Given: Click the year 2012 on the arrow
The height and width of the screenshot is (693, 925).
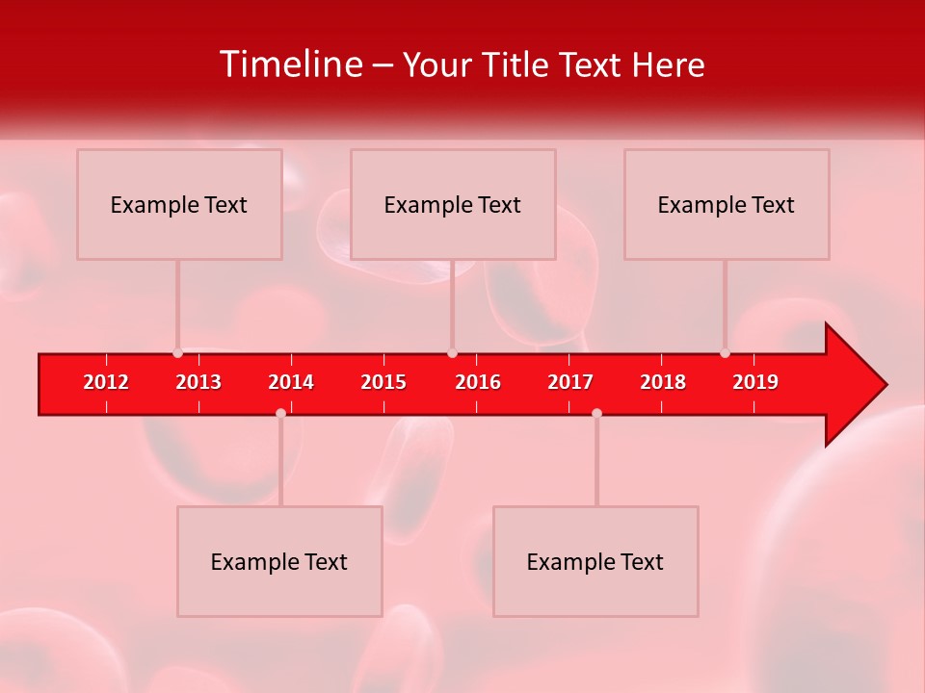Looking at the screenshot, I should (106, 382).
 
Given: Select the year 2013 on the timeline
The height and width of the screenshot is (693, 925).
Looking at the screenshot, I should (198, 382).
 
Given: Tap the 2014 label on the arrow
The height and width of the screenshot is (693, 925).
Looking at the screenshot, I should (291, 382).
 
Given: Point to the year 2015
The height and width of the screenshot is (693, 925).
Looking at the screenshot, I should (383, 382).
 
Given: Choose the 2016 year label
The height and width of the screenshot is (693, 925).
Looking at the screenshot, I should (478, 382).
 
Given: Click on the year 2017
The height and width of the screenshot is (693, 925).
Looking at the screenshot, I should (570, 382).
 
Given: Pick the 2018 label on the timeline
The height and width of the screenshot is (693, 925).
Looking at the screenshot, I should (663, 382).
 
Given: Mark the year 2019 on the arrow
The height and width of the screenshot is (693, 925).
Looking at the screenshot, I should (755, 382).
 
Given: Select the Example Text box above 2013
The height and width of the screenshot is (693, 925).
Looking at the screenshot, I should (179, 205).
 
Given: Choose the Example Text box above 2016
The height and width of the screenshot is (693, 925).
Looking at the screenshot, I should (453, 205).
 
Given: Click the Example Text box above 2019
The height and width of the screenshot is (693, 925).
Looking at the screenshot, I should (727, 205).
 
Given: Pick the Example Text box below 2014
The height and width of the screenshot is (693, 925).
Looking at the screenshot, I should (279, 562).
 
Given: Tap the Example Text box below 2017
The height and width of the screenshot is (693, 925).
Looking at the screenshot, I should (595, 562).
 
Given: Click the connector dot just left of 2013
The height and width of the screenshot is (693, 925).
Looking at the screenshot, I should (178, 353).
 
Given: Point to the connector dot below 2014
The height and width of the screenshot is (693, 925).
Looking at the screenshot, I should (280, 413).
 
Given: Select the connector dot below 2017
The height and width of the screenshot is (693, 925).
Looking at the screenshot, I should (596, 413).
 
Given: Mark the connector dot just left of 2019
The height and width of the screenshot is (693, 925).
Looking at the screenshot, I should (726, 353).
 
